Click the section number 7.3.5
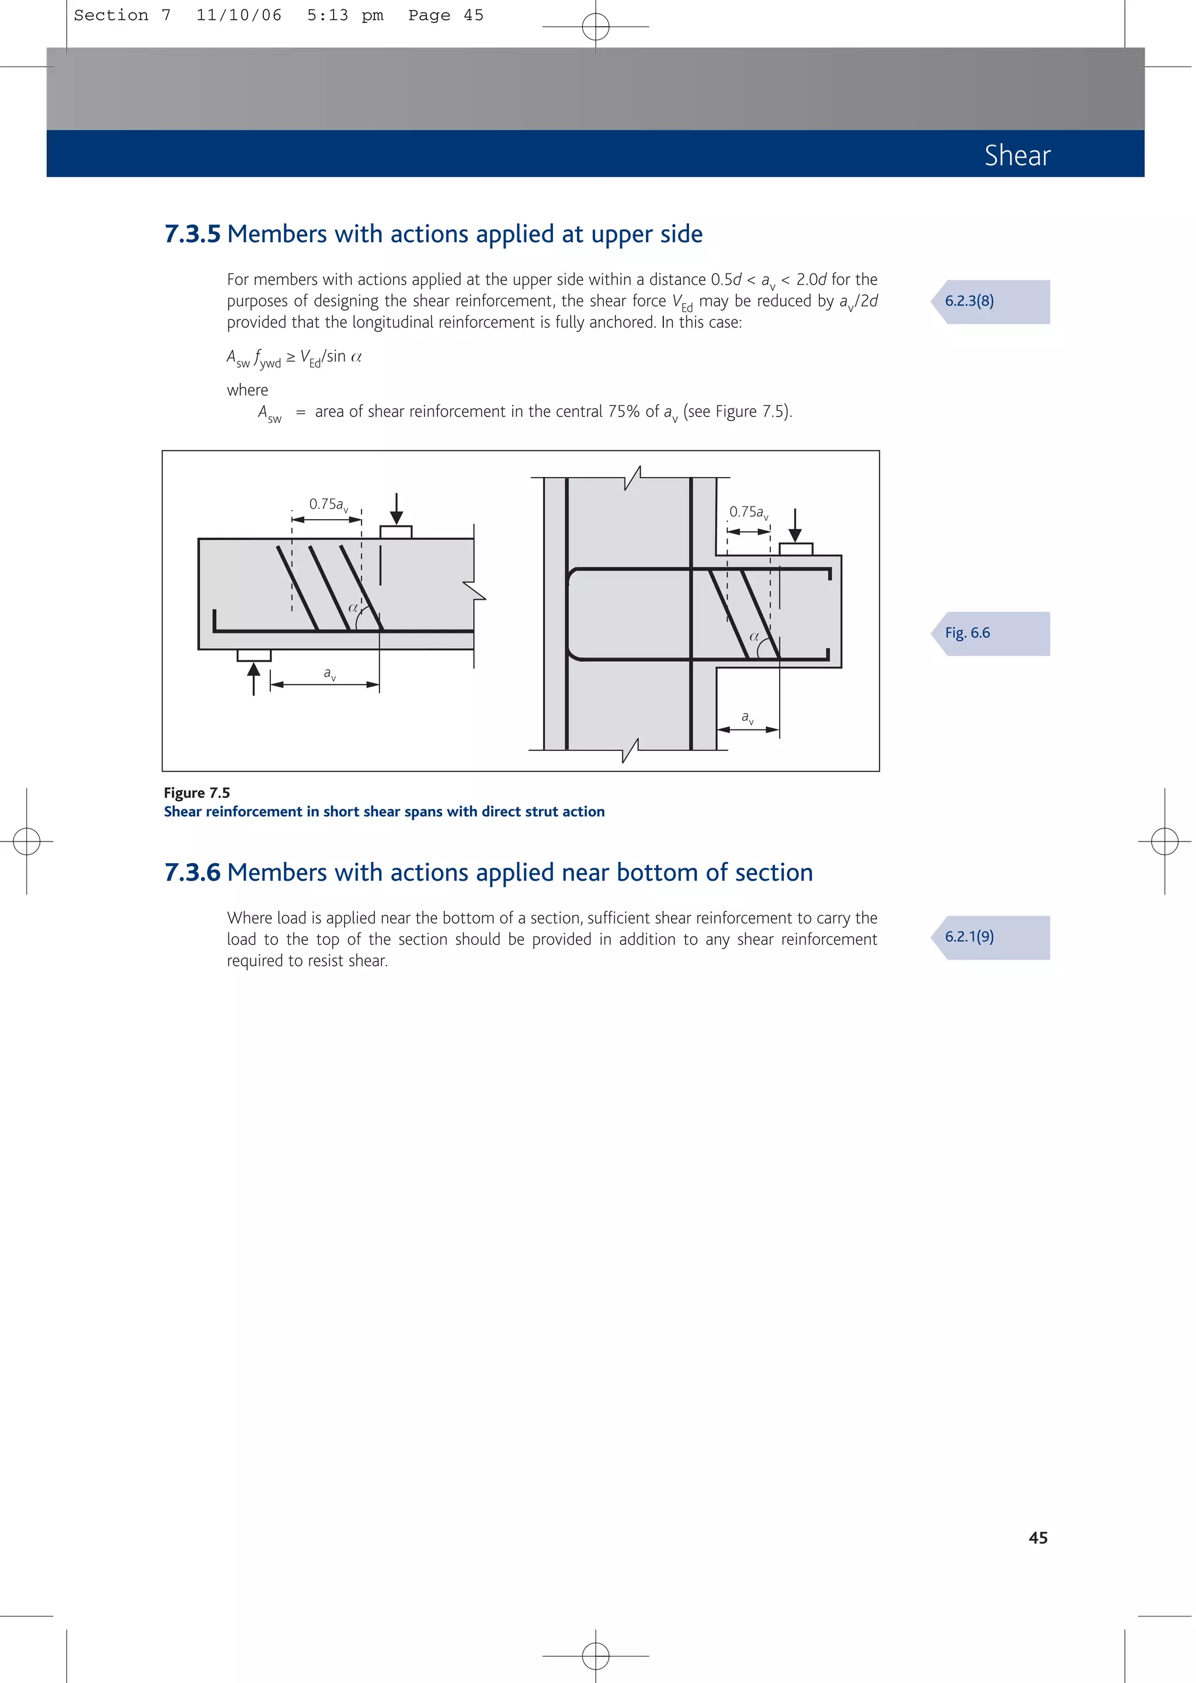[192, 234]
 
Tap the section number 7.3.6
[192, 872]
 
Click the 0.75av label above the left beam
[328, 505]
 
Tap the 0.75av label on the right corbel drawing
[748, 512]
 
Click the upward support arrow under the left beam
[254, 678]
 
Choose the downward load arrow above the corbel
[795, 525]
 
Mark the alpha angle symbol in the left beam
[353, 608]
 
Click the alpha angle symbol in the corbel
[754, 636]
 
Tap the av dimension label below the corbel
[747, 717]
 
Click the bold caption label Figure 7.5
[197, 793]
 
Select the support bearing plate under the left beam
[254, 655]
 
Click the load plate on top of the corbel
[795, 549]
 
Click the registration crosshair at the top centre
[595, 27]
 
